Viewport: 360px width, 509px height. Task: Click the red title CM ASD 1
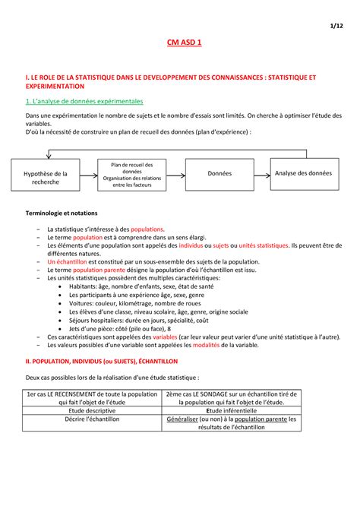pyautogui.click(x=180, y=45)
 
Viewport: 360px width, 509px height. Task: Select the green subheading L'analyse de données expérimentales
pyautogui.click(x=83, y=101)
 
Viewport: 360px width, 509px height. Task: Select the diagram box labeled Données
pyautogui.click(x=219, y=173)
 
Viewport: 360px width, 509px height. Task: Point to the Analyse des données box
pyautogui.click(x=304, y=173)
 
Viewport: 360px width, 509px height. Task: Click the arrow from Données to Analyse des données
pyautogui.click(x=261, y=174)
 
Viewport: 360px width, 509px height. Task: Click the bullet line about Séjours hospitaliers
pyautogui.click(x=136, y=320)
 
